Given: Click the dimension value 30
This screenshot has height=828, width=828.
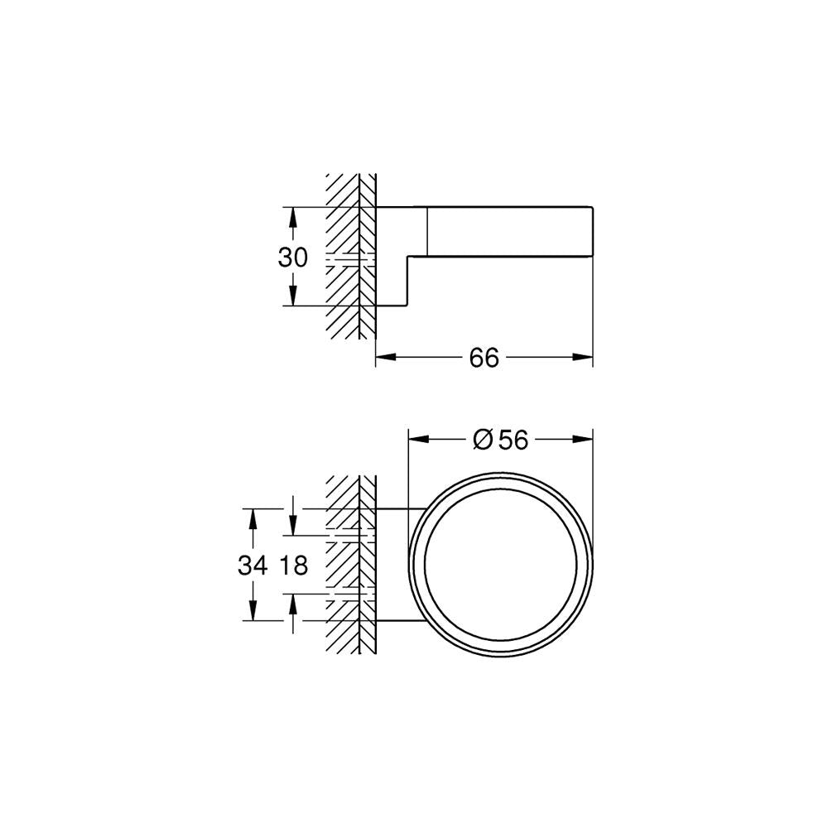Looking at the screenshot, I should click(292, 258).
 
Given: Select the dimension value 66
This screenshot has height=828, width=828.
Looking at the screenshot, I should click(484, 358).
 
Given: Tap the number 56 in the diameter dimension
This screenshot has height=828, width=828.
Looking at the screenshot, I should click(513, 440).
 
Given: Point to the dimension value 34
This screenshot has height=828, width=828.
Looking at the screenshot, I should click(253, 566).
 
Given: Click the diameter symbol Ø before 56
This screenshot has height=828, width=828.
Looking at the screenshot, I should click(484, 440).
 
